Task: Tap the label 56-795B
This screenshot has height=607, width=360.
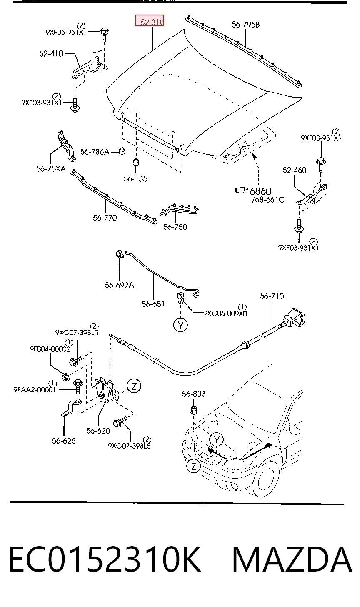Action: point(246,25)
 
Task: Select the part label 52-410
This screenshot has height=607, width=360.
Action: point(51,54)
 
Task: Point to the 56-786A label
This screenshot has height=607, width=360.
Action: point(95,152)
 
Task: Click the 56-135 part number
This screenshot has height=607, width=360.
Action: point(135,178)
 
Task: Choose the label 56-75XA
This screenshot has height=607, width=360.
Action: point(51,169)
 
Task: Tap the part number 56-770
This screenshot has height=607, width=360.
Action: point(105,218)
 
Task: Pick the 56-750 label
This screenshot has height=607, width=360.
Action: point(175,227)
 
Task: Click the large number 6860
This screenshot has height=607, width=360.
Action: point(260,191)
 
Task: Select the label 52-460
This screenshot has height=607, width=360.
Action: point(295,170)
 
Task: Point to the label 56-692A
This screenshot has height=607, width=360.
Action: point(120,285)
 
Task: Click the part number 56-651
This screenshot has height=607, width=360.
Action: point(153,304)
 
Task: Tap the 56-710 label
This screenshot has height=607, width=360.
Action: point(272,296)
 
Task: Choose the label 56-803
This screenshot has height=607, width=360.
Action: point(194,394)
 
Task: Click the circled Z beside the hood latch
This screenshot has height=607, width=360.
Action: point(134,386)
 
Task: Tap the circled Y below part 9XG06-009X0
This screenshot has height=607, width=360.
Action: point(181,325)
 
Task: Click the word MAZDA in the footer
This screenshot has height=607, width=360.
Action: point(292,559)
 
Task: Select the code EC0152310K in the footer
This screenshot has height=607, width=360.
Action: point(105,559)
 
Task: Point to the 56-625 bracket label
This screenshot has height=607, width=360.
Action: point(64,441)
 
